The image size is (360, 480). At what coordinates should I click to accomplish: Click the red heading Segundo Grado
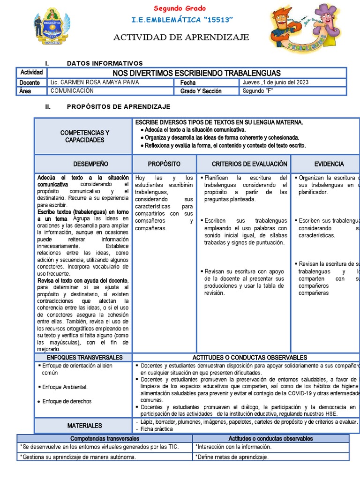(x=180, y=8)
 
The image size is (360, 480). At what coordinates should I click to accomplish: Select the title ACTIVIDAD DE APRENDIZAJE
(x=181, y=37)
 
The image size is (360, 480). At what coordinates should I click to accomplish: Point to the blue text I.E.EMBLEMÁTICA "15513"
(x=180, y=22)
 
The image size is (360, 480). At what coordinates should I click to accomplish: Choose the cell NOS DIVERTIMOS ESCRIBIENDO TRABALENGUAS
(x=196, y=73)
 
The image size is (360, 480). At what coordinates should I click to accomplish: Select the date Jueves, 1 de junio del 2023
(x=275, y=82)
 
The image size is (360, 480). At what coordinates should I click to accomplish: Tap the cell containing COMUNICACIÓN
(x=72, y=91)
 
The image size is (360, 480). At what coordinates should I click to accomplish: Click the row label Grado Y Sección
(x=201, y=91)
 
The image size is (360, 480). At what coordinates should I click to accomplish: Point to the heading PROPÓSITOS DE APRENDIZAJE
(x=119, y=107)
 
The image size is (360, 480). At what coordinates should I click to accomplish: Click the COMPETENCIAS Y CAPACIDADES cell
(x=84, y=136)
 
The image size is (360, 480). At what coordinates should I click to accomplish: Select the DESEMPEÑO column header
(x=90, y=164)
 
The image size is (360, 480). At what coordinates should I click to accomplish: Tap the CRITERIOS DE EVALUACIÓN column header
(x=249, y=164)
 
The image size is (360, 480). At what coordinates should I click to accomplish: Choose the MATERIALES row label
(x=84, y=426)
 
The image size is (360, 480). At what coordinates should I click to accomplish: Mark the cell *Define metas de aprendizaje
(x=232, y=457)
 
